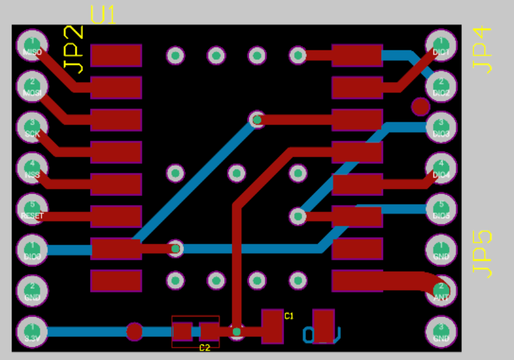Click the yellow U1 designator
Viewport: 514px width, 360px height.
(103, 15)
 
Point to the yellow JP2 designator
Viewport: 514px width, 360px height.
(74, 50)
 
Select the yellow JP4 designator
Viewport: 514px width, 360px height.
(482, 50)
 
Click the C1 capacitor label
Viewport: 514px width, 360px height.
(289, 315)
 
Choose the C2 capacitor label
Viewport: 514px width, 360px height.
(205, 347)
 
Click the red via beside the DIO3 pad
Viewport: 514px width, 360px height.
(421, 107)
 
